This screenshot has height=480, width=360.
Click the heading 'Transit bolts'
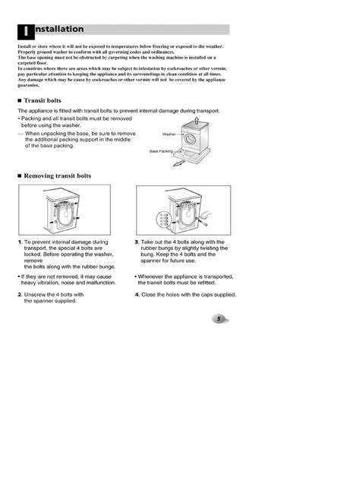coord(45,100)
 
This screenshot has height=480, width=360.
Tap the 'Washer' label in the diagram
coord(169,134)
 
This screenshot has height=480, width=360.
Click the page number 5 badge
coord(217,319)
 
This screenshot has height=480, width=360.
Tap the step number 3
coord(137,242)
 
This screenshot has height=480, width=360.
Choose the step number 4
coord(137,295)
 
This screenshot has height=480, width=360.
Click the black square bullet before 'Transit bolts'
coord(19,100)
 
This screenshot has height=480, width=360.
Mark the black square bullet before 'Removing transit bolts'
coord(19,175)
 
